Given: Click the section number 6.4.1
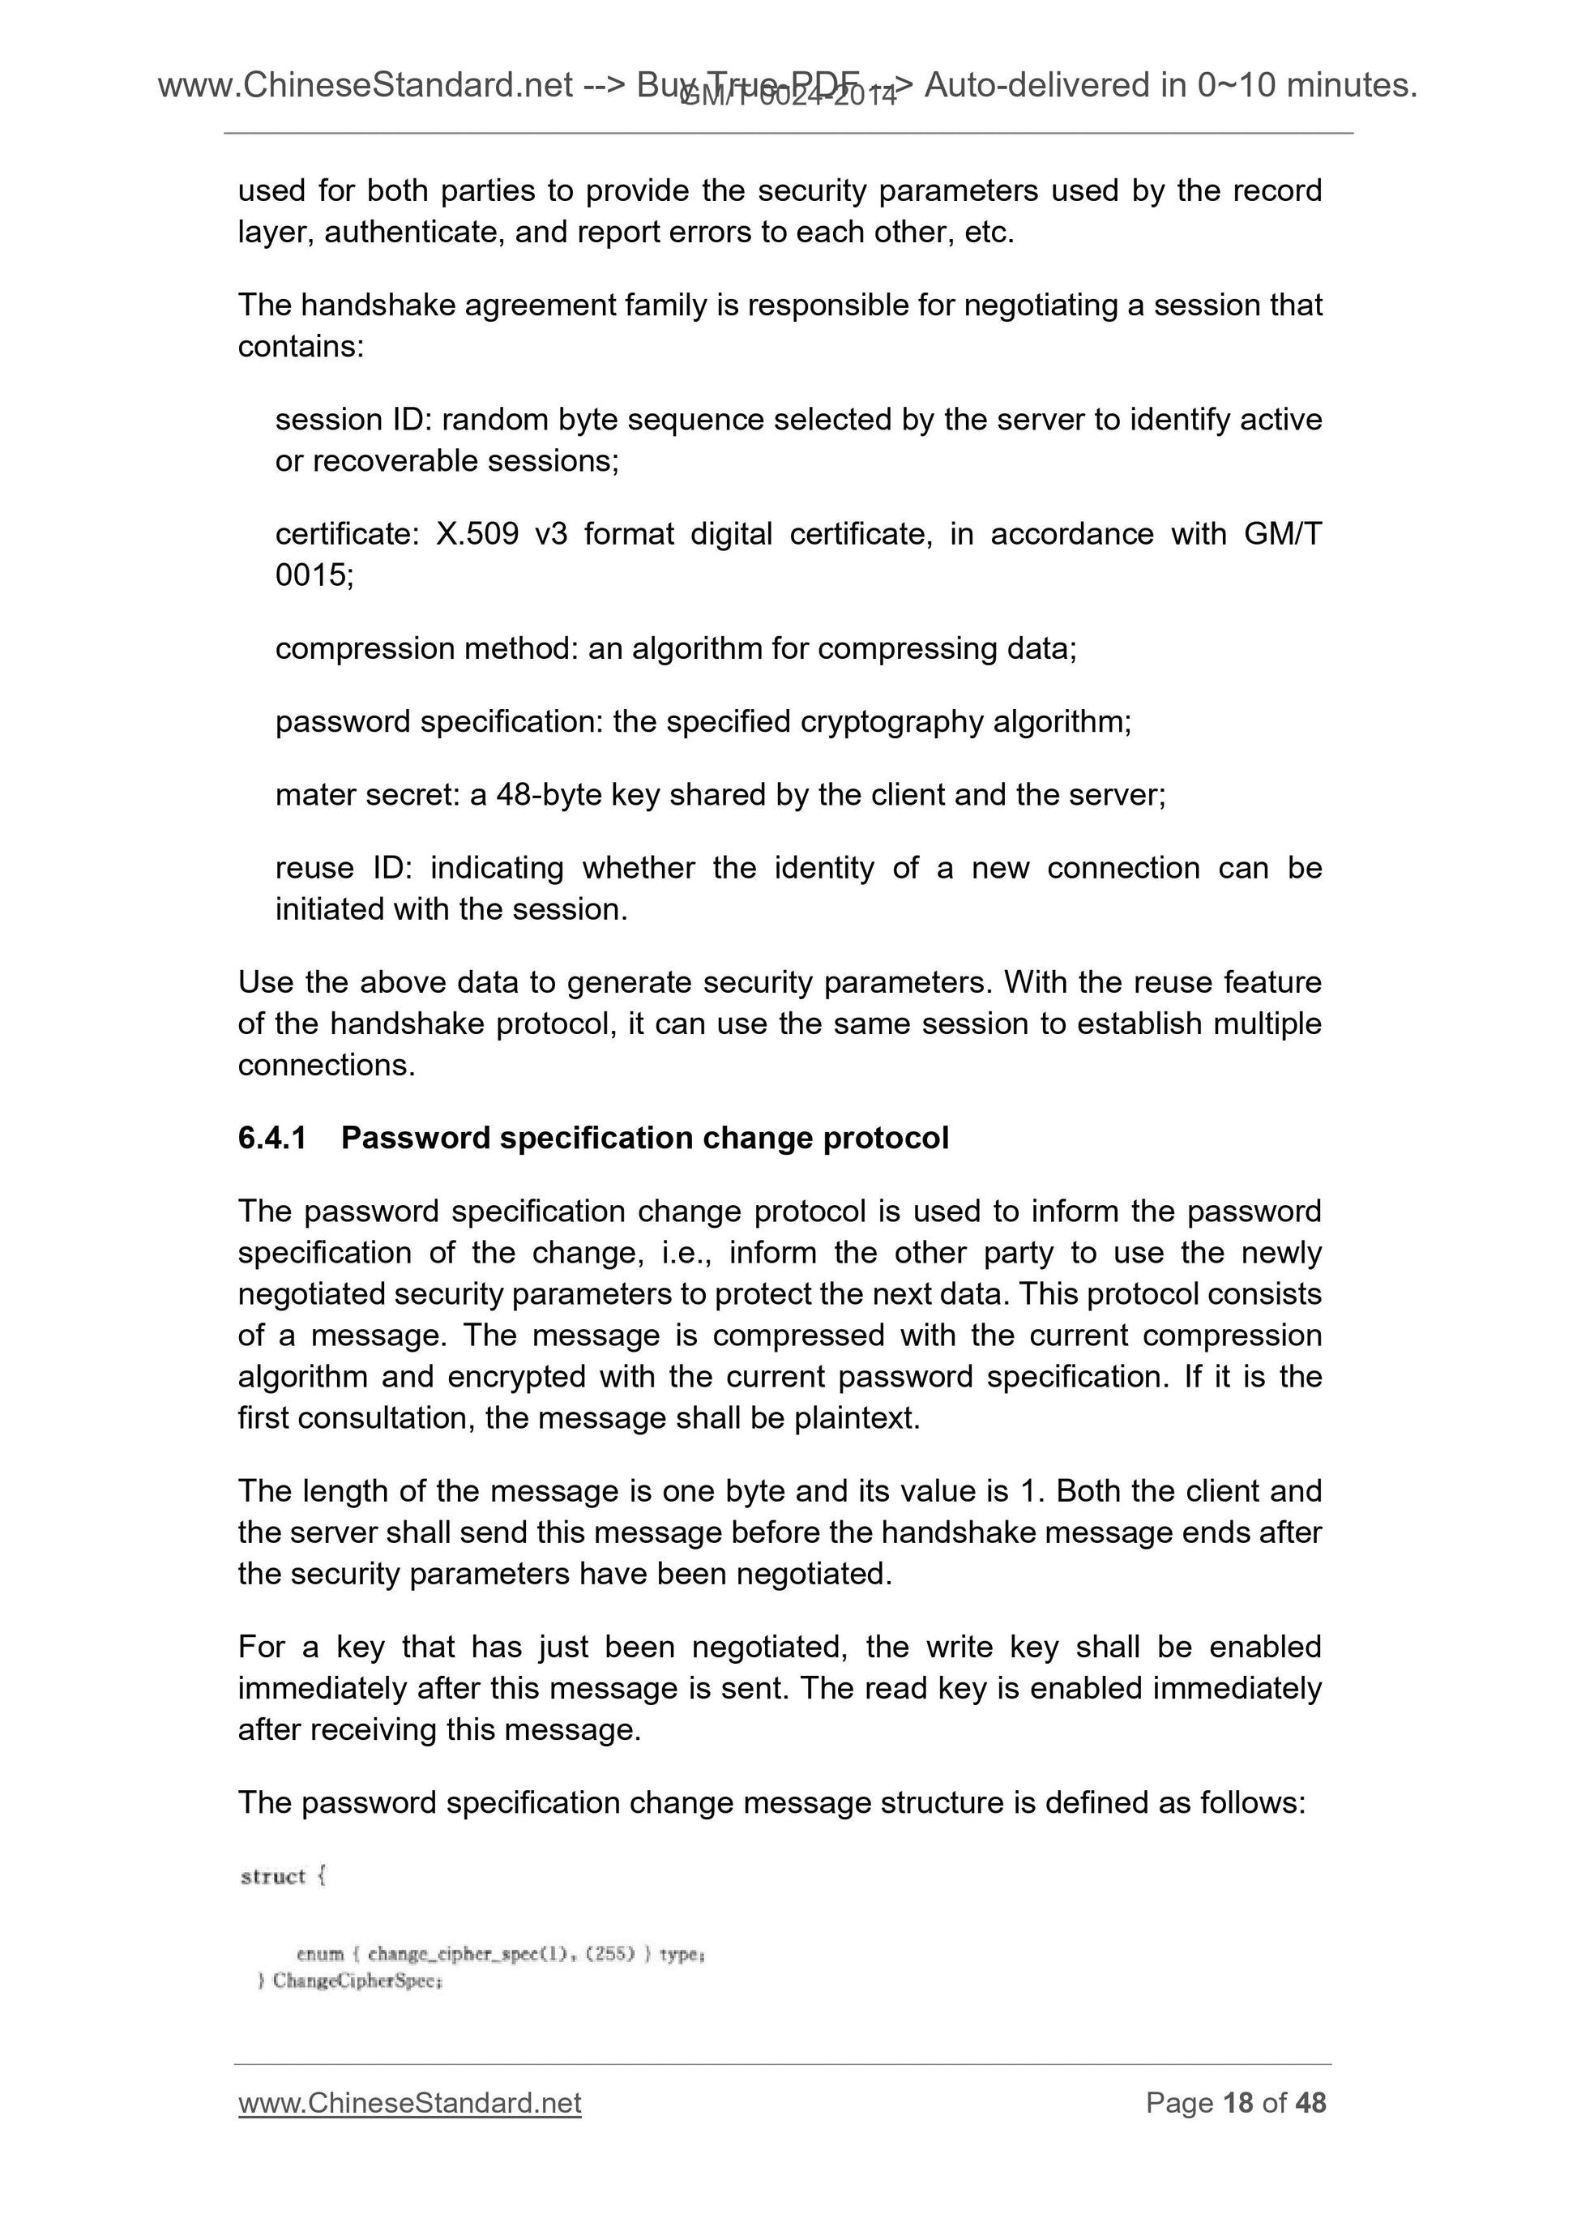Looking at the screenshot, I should (271, 1138).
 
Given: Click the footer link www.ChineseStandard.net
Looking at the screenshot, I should (409, 2103).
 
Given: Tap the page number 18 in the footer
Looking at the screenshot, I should (1238, 2103).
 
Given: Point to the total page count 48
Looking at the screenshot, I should (1310, 2103).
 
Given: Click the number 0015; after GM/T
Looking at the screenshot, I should (314, 575).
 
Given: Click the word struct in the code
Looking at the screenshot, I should (273, 1876).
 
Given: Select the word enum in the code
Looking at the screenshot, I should (319, 1954).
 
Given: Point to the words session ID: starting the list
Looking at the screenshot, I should (357, 420).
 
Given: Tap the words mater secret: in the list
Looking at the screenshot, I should (368, 795).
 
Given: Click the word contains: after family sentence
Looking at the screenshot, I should (300, 346).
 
